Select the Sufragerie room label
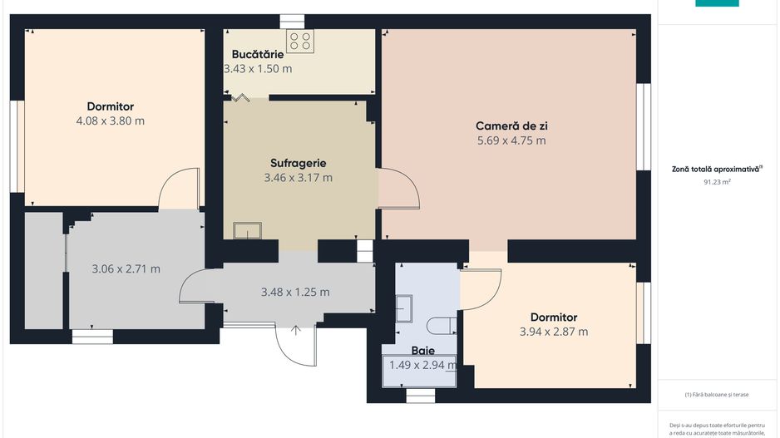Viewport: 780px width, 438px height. (x=298, y=163)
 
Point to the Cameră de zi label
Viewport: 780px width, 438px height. (x=511, y=126)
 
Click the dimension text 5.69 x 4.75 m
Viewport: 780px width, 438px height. (x=511, y=140)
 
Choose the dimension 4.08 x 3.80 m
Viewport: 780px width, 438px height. (x=111, y=121)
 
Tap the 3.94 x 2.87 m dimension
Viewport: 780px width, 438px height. (x=554, y=332)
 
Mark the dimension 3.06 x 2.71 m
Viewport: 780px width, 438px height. (x=126, y=268)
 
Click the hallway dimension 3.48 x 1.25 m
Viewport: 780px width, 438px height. (x=295, y=292)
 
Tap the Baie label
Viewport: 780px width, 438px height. (x=423, y=351)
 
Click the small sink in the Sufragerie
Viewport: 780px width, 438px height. (x=248, y=230)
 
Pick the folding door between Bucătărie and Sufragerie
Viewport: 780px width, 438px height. (x=241, y=97)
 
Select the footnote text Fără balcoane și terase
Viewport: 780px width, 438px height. (x=717, y=395)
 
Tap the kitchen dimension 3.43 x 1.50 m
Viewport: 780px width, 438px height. (x=258, y=69)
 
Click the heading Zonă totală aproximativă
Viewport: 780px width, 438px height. (x=717, y=169)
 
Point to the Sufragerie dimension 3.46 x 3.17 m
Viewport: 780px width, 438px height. (x=298, y=177)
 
